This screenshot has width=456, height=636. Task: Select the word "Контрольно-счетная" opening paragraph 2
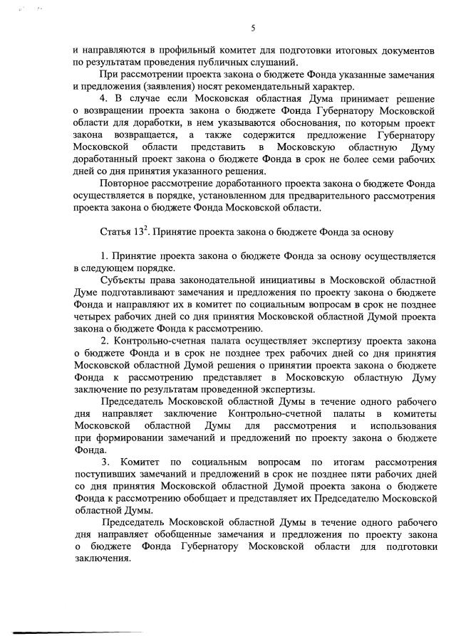pos(163,341)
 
